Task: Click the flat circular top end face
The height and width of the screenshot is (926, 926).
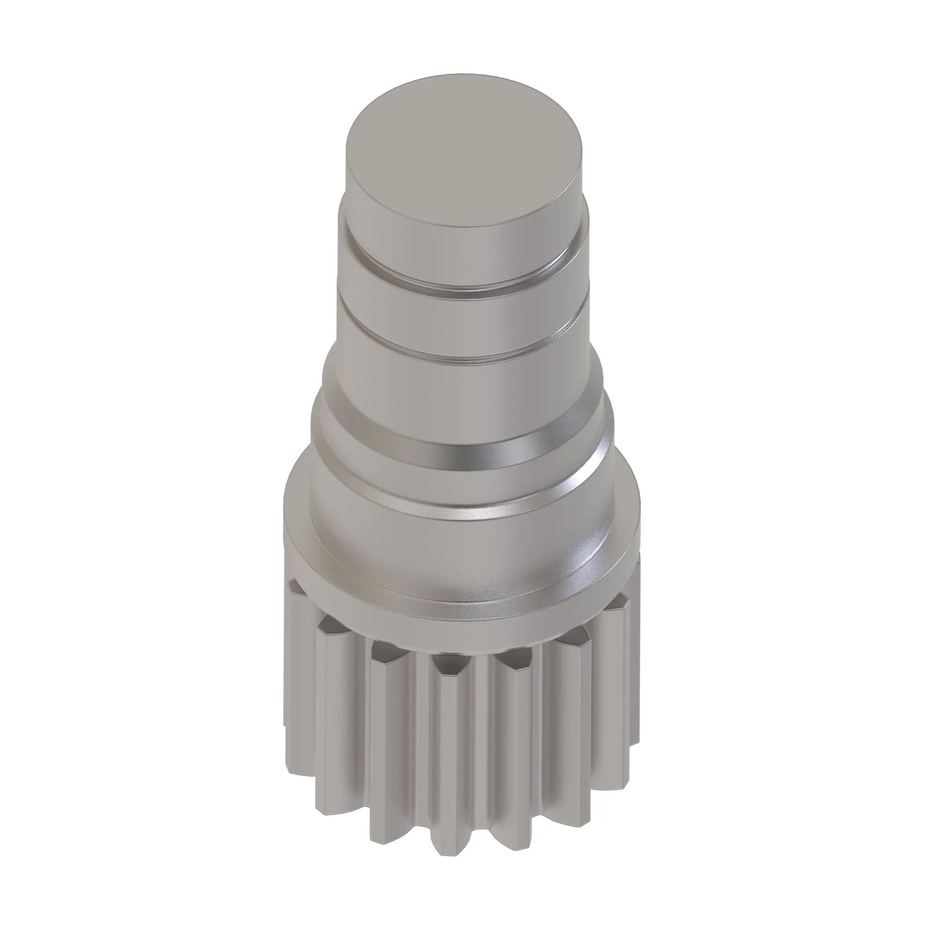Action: pos(463,158)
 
